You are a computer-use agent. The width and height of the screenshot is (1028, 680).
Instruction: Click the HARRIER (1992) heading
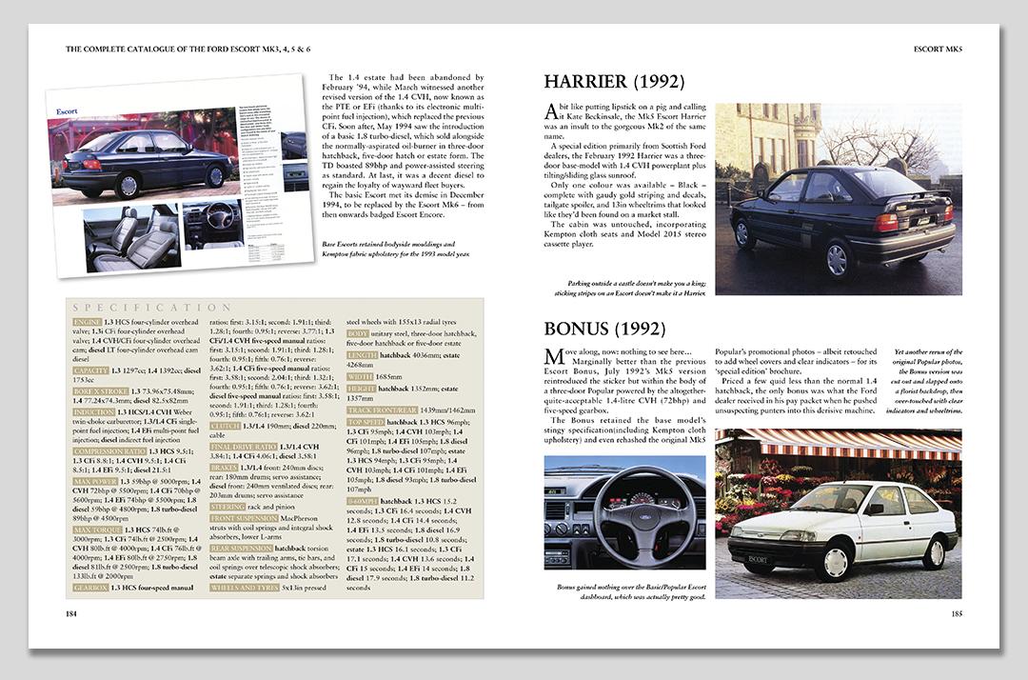point(613,82)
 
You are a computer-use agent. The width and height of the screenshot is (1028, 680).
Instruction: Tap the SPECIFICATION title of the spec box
point(152,308)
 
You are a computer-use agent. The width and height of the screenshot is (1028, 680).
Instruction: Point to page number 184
point(70,613)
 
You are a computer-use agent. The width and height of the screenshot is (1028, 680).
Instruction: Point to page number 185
point(956,613)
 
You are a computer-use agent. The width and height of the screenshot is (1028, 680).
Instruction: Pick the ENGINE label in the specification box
point(88,324)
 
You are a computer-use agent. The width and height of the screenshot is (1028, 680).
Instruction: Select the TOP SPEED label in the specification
point(366,421)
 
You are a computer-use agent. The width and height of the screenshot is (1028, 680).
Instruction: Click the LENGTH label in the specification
point(361,354)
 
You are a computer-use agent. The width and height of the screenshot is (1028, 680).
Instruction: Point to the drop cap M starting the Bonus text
point(553,358)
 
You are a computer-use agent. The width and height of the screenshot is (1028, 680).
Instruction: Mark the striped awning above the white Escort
point(838,443)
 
